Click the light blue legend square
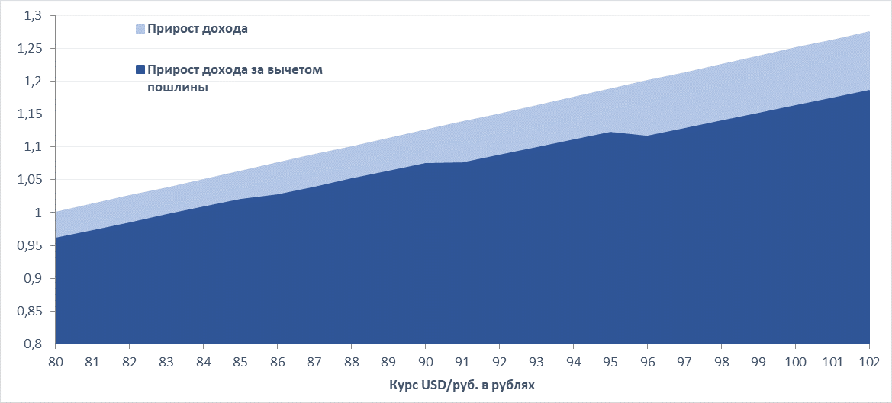coord(140,30)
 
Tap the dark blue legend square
coord(140,70)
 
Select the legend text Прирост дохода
coord(198,30)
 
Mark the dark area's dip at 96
coord(647,136)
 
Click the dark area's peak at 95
coord(610,133)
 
